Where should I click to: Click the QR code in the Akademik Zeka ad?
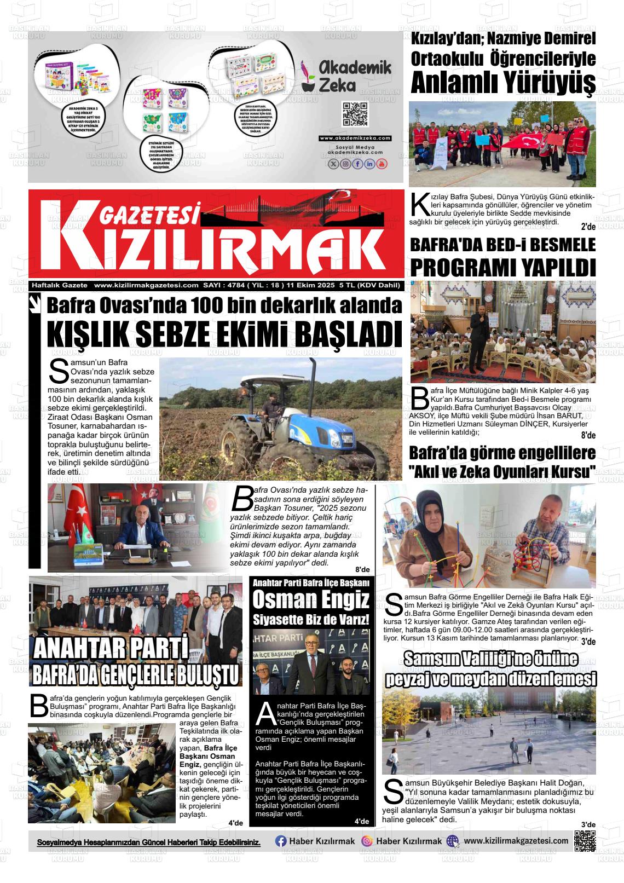point(354,114)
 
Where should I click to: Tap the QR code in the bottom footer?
point(585,841)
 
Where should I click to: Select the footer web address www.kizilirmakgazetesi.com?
point(516,841)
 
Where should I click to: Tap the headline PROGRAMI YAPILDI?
point(502,268)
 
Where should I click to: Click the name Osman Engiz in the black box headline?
point(310,601)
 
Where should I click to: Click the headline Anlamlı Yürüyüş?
point(502,83)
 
